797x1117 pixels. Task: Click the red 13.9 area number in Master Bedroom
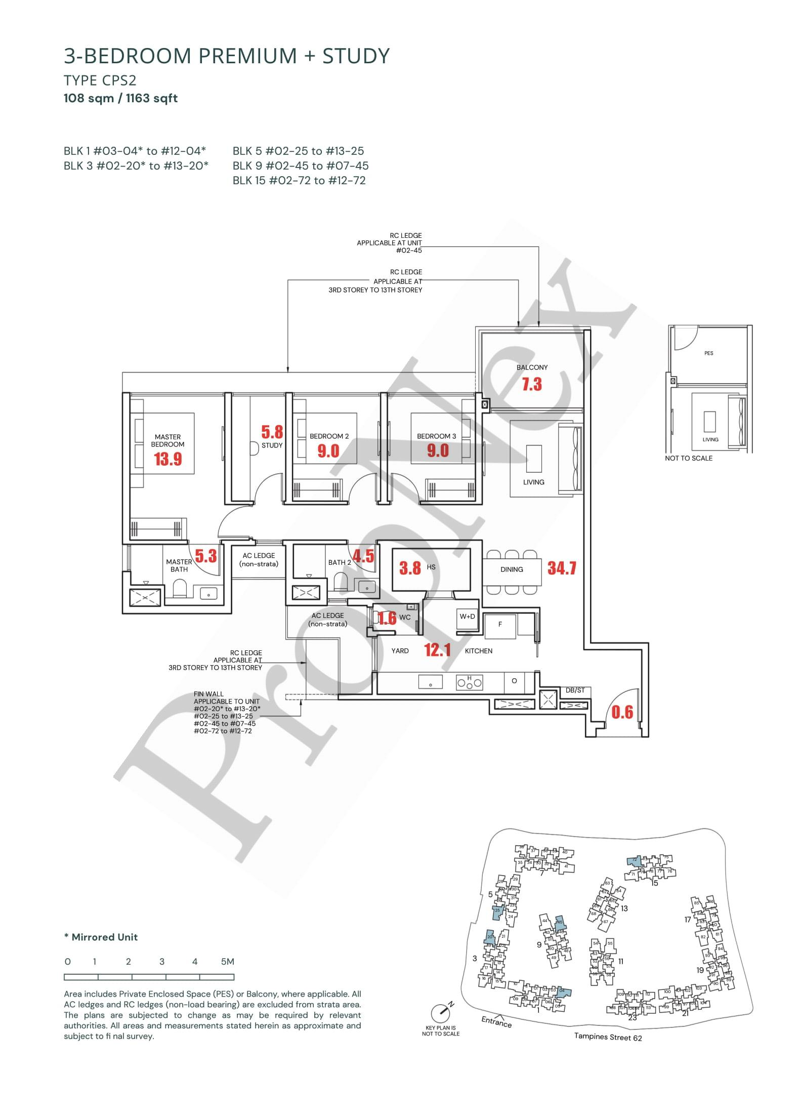tap(167, 459)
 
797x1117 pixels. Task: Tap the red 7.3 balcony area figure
tap(532, 384)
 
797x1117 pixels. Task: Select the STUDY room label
tap(272, 445)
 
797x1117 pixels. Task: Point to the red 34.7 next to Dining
tap(562, 568)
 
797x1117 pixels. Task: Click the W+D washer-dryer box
tap(467, 617)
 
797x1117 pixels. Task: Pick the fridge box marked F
tap(500, 625)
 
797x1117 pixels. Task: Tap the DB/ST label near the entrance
tap(574, 690)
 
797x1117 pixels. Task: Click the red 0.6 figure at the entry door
tap(622, 712)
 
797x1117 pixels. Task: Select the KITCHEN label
tap(478, 651)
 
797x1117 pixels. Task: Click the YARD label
tap(400, 651)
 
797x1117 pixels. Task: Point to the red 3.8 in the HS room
tap(410, 568)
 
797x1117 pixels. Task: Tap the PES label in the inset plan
tap(708, 353)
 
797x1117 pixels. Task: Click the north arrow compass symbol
tap(441, 1013)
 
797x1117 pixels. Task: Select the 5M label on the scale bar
tap(227, 962)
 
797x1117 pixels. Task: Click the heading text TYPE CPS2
tap(100, 80)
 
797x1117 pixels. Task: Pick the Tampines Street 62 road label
tap(608, 1033)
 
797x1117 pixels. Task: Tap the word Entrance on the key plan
tap(496, 1019)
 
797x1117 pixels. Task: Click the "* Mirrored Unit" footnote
tap(101, 937)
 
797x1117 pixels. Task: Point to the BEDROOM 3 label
tap(436, 436)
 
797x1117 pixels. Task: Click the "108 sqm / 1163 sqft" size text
tap(120, 98)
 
